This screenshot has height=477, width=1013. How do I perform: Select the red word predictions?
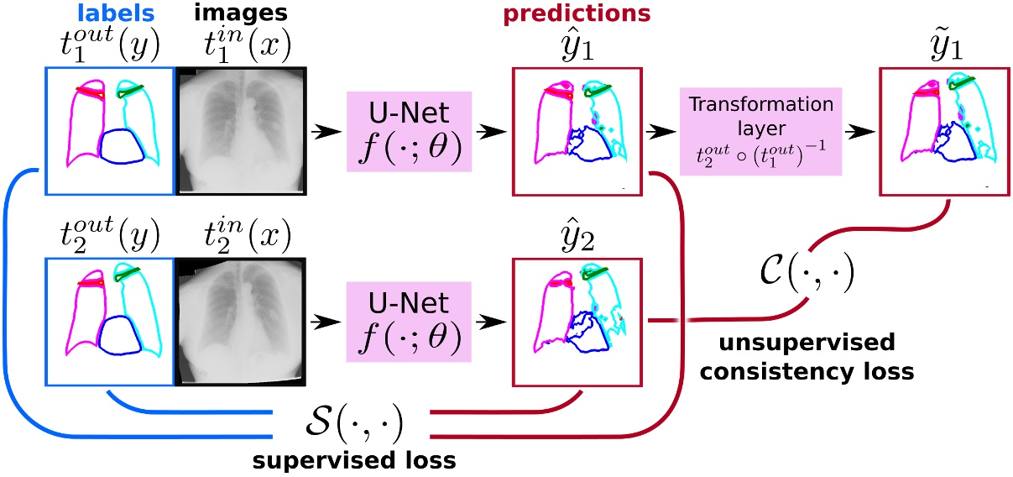pyautogui.click(x=577, y=13)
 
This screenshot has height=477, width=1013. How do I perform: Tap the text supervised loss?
pyautogui.click(x=354, y=463)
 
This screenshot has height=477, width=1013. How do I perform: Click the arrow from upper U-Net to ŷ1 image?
pyautogui.click(x=490, y=132)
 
